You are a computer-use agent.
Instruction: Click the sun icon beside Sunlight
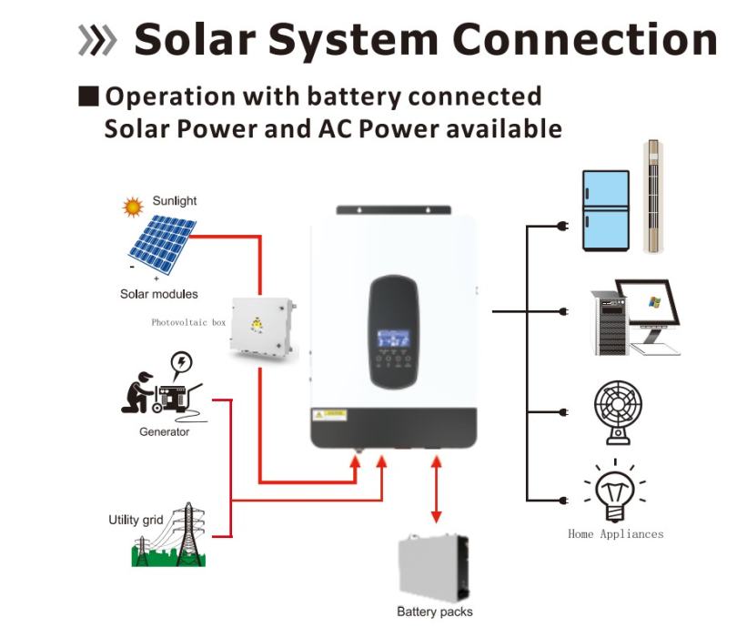pyautogui.click(x=134, y=207)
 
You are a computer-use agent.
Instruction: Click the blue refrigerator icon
pyautogui.click(x=605, y=210)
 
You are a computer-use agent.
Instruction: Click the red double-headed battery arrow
pyautogui.click(x=437, y=492)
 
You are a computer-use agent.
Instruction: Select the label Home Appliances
pyautogui.click(x=615, y=534)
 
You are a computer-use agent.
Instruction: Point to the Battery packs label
pyautogui.click(x=435, y=612)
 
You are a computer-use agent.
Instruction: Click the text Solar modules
pyautogui.click(x=159, y=294)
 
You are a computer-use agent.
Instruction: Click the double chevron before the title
pyautogui.click(x=98, y=41)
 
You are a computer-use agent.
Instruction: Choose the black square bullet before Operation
pyautogui.click(x=88, y=96)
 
